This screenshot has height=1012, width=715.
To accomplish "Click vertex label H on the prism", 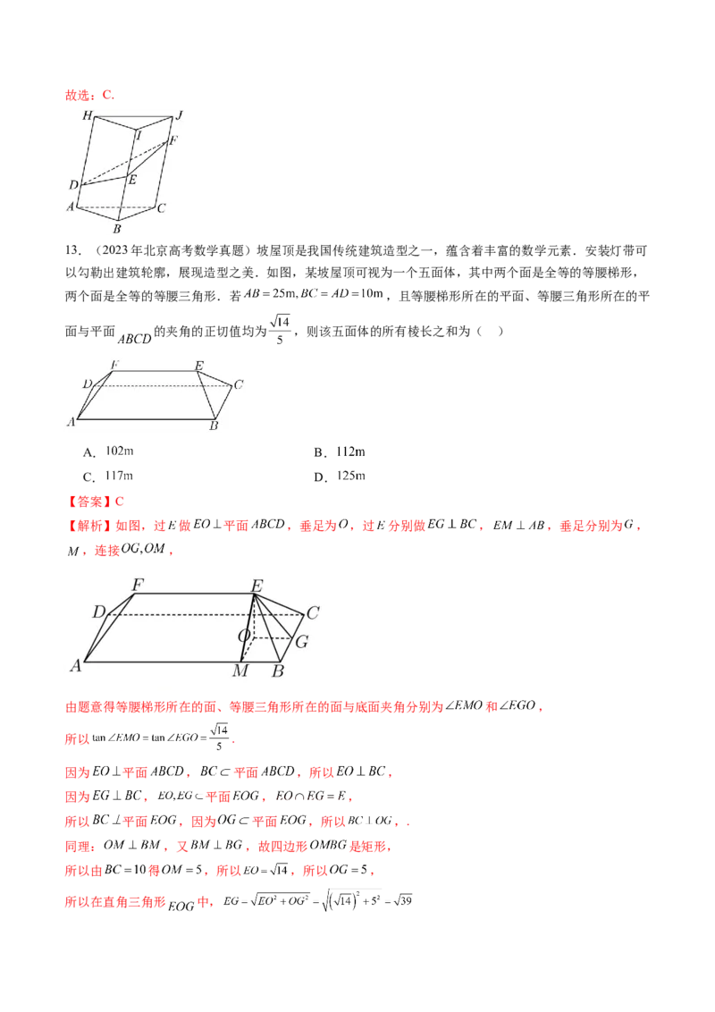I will click(x=87, y=116).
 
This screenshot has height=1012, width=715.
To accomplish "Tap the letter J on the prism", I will click(x=179, y=114).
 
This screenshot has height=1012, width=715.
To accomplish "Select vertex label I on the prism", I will click(x=139, y=136).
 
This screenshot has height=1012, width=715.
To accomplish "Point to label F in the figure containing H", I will click(x=173, y=140).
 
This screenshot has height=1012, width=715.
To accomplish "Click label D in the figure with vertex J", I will click(x=73, y=185).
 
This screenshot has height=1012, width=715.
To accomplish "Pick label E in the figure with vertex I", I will click(x=132, y=180).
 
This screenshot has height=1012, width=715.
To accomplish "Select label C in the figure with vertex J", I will click(x=161, y=208).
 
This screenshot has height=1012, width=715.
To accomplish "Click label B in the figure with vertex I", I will click(x=116, y=229).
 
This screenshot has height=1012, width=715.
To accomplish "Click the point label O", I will click(x=242, y=636).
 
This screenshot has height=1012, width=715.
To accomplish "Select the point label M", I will click(x=240, y=671).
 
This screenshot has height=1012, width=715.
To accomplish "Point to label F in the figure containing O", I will click(x=138, y=586).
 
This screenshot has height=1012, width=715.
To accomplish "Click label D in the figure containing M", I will click(x=98, y=612).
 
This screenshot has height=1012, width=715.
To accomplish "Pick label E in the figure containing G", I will click(x=257, y=586).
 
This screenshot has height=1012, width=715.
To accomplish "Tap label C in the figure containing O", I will click(x=313, y=613).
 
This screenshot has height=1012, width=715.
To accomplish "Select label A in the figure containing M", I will click(x=76, y=665).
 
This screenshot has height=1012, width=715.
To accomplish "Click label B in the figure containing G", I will click(x=277, y=671).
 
